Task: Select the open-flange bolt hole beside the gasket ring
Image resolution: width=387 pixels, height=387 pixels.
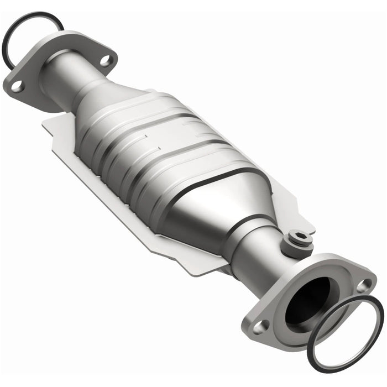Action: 363,285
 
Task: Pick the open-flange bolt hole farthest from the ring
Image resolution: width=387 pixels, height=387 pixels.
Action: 260,326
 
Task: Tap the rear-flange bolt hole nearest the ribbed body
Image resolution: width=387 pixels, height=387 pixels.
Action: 106,60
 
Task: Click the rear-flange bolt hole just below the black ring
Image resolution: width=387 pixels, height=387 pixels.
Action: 17,86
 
